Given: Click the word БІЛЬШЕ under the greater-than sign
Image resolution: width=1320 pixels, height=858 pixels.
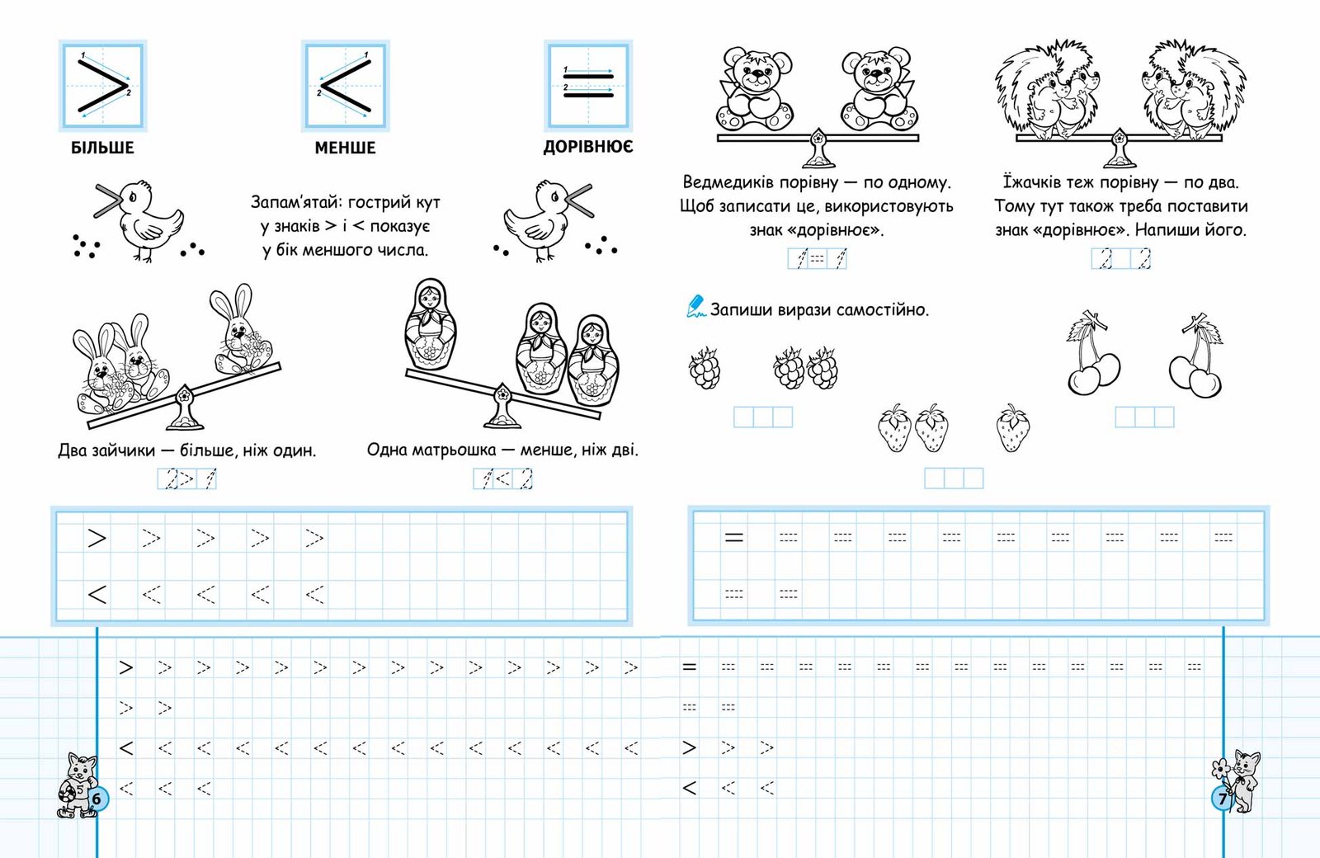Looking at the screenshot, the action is (x=102, y=148).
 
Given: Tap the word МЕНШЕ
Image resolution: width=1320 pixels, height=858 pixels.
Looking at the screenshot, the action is (x=345, y=148).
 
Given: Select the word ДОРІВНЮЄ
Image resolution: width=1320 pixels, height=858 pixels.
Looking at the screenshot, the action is (x=588, y=147).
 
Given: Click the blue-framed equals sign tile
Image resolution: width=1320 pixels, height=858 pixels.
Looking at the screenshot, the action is (x=588, y=86).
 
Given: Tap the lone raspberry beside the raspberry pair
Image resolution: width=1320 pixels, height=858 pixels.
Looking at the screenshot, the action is (x=705, y=368).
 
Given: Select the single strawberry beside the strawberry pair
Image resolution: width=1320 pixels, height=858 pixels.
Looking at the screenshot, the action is (x=1013, y=428).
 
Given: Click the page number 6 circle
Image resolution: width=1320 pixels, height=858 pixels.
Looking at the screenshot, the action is (x=98, y=799).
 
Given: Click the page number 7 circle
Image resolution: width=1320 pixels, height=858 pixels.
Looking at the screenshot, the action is (x=1222, y=799).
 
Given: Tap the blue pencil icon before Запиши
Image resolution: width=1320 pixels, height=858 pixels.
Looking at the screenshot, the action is (x=695, y=306).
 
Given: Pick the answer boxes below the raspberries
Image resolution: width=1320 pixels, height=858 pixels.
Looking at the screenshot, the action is (x=763, y=417).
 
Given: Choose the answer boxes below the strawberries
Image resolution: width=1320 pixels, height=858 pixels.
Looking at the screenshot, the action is (x=954, y=478).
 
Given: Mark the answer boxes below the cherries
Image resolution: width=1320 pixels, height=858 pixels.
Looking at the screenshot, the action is (x=1145, y=417).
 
